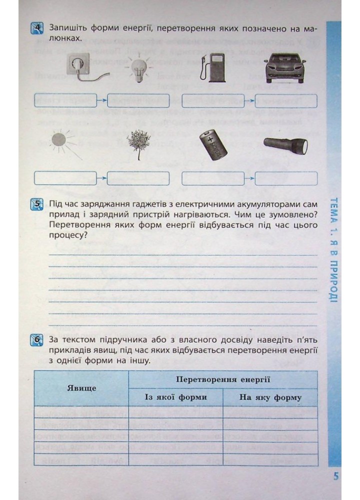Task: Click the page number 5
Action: point(336,475)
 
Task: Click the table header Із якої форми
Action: point(175,397)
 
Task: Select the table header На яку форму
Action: point(270,397)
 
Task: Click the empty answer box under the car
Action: point(286,100)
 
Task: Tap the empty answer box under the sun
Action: point(65,178)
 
